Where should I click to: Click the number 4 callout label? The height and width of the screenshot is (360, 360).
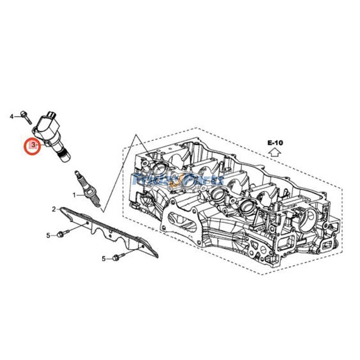(x=12, y=117)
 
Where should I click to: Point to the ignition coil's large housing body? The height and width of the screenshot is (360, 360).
(x=45, y=126)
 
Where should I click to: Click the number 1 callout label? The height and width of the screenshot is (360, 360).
(x=75, y=195)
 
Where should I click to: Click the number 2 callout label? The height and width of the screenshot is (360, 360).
(x=54, y=209)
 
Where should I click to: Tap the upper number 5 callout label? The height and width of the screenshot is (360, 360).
(x=48, y=235)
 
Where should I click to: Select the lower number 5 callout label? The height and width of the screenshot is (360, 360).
(x=103, y=258)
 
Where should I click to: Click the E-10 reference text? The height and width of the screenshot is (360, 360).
(x=275, y=143)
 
